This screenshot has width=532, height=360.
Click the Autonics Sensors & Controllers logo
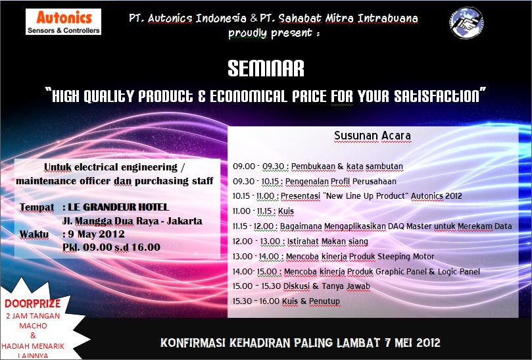click(x=63, y=22)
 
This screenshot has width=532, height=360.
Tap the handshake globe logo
click(x=467, y=23)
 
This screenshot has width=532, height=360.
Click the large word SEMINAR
click(x=266, y=68)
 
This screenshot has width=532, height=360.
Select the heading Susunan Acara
click(x=373, y=136)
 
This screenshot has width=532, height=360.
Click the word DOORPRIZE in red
click(x=33, y=303)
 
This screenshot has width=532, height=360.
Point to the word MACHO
click(x=33, y=326)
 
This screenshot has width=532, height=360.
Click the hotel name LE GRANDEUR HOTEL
click(x=118, y=207)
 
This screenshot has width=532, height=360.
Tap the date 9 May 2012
click(x=97, y=234)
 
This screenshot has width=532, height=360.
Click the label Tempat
click(x=37, y=207)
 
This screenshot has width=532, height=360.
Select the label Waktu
click(x=34, y=234)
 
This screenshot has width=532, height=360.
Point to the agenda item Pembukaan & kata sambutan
click(x=347, y=167)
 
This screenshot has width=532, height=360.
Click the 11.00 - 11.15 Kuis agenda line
click(x=263, y=211)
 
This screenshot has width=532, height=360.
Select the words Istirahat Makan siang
click(x=327, y=242)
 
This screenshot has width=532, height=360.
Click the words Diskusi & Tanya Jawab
click(x=327, y=286)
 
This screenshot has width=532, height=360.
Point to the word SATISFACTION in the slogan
click(x=437, y=96)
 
